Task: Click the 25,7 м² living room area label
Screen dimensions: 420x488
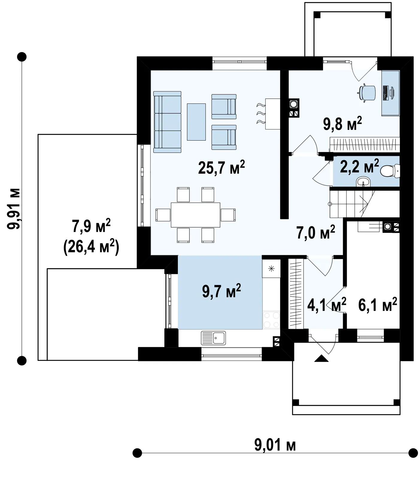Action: pos(222,167)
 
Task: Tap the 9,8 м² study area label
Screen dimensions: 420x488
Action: pos(342,124)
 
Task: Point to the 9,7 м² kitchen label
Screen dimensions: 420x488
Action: pos(222,291)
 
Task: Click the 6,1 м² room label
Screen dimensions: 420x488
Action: pos(378,305)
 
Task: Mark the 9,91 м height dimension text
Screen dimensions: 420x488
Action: pos(14,208)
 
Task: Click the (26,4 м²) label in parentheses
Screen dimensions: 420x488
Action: pos(91,248)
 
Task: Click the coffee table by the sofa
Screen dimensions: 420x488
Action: pos(196,122)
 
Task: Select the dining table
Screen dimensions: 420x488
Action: pos(195,215)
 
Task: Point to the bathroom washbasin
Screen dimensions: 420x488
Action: pos(363,181)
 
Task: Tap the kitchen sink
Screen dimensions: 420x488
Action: pos(213,338)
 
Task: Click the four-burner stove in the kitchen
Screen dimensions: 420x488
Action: pos(271,320)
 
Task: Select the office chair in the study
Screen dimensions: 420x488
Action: pos(367,93)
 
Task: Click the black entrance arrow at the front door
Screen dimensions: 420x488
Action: pos(322,358)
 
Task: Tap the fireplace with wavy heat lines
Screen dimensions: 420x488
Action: pos(269,114)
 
